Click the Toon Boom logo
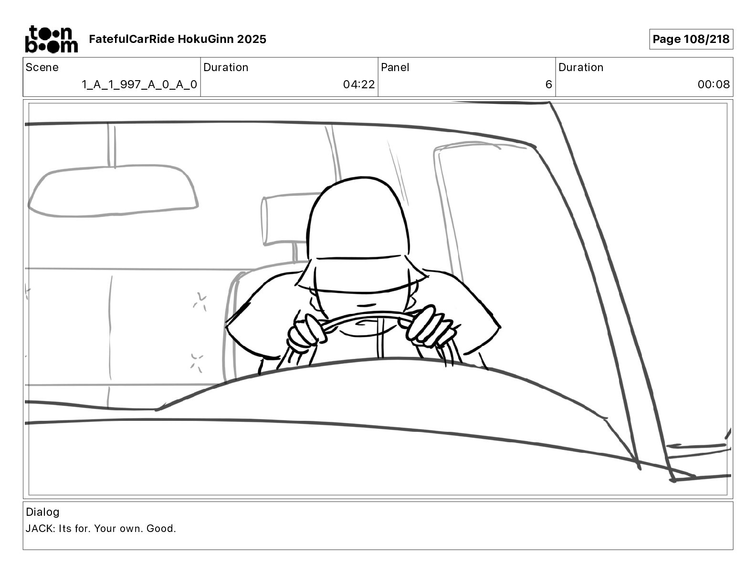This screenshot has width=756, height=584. (52, 39)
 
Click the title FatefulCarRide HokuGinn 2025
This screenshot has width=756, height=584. (178, 39)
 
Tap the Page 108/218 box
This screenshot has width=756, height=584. (691, 39)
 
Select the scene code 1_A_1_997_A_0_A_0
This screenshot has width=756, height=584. (139, 84)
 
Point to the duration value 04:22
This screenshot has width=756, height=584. (359, 84)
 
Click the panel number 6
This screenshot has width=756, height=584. (549, 84)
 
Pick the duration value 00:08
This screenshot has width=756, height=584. (714, 84)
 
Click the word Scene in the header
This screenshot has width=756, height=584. (42, 67)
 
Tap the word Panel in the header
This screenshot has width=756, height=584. (395, 67)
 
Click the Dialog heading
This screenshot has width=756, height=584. (42, 512)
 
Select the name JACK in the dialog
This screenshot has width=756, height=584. (39, 529)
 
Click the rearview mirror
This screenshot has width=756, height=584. (113, 191)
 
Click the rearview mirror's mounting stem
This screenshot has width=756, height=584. (111, 146)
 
